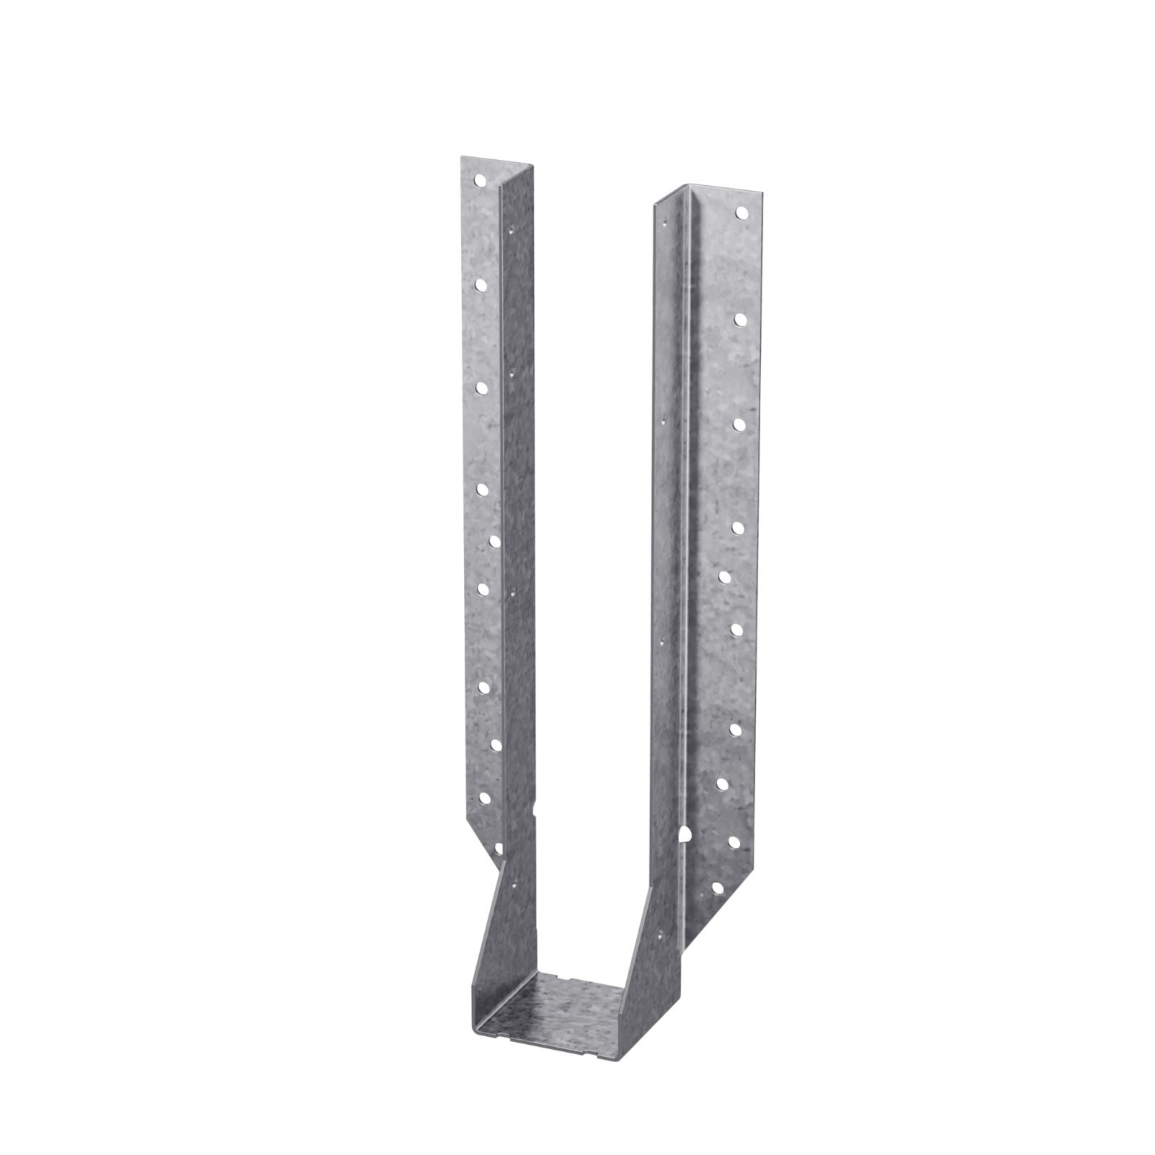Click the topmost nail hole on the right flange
[x=741, y=212]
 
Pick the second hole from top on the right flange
[x=741, y=318]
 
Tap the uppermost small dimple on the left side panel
[x=510, y=231]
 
